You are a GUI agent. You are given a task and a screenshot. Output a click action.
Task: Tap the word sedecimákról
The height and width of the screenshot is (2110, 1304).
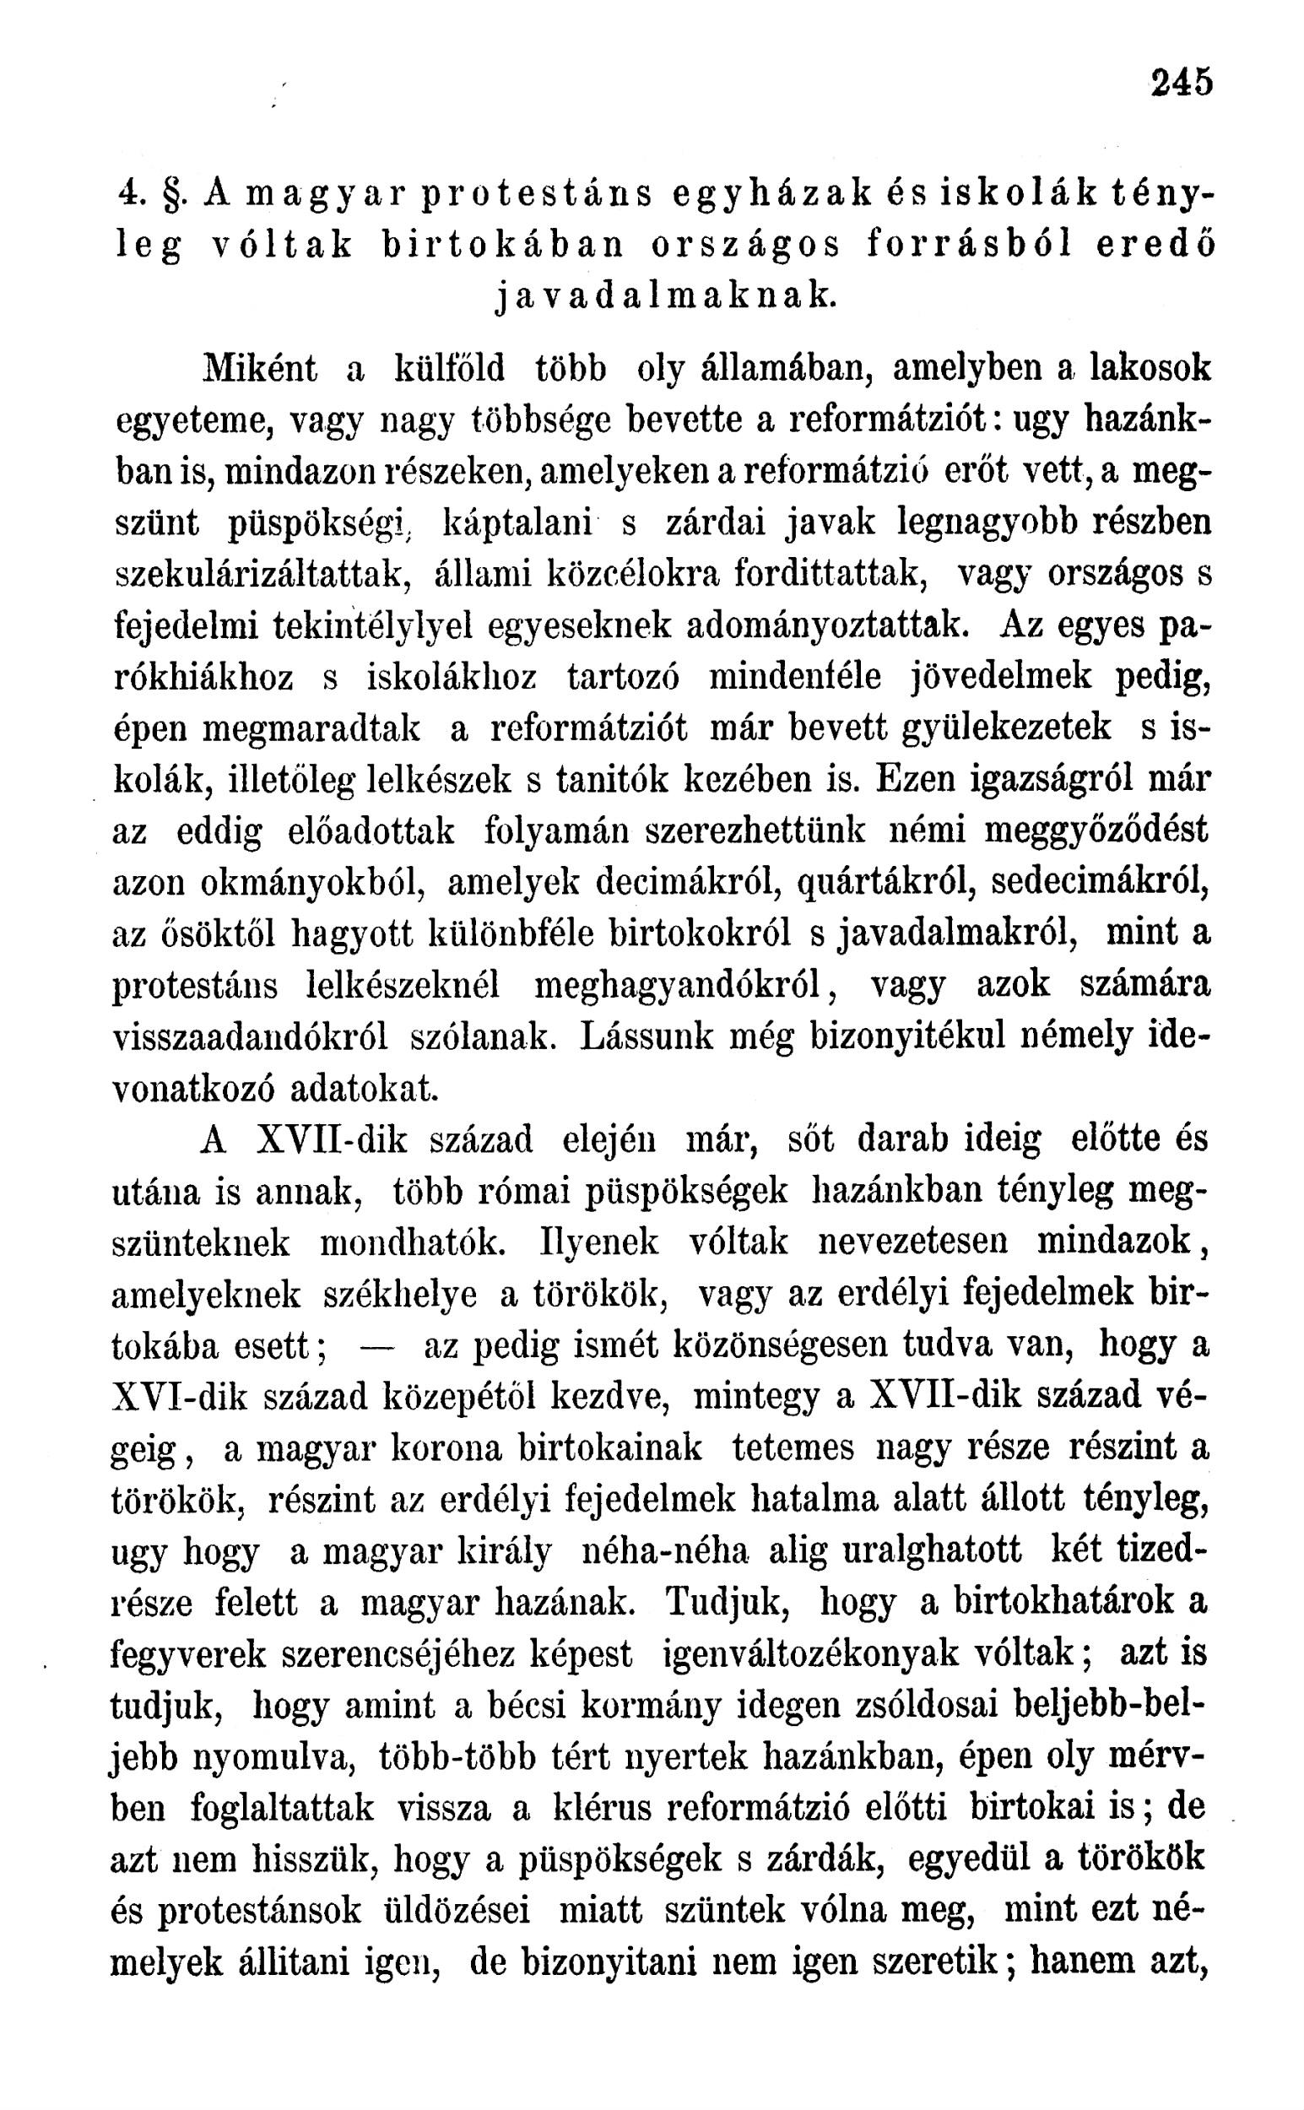pyautogui.click(x=1101, y=882)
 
